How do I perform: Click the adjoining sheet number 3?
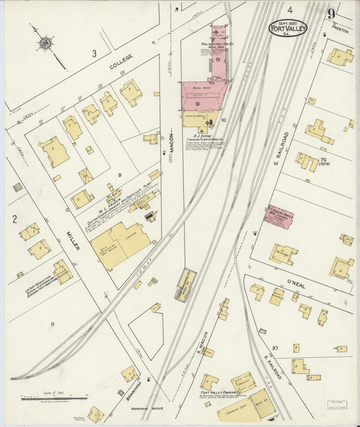pos(95,53)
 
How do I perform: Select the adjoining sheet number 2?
pos(13,218)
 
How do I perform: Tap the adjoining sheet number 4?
pos(289,9)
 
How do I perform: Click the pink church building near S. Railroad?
pos(277,216)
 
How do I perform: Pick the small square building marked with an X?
pos(86,176)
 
